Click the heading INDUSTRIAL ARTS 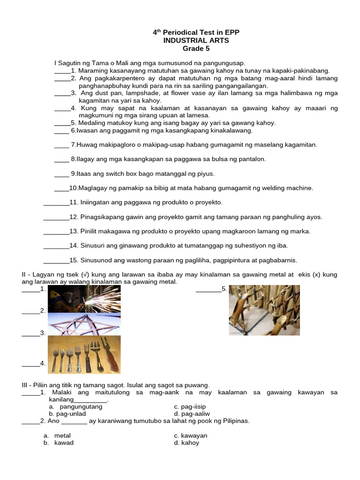[x=196, y=40]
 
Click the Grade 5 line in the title [x=196, y=48]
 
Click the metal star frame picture [x=84, y=323]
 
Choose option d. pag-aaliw [x=192, y=414]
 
